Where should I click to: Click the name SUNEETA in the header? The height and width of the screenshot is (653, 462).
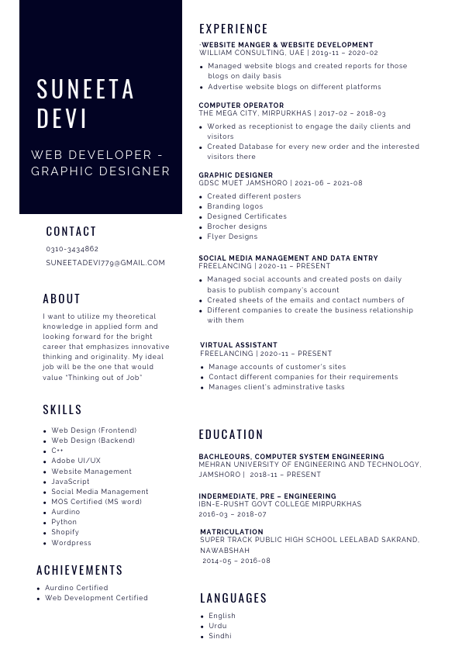(x=86, y=89)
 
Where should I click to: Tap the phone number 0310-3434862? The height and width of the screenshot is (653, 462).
(x=72, y=249)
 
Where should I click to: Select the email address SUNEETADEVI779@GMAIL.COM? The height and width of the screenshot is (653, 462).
(x=105, y=263)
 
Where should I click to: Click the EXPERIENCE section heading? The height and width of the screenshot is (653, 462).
(x=233, y=29)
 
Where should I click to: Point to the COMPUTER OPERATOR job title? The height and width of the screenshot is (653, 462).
(x=241, y=105)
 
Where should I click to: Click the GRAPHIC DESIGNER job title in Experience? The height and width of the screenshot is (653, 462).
(x=236, y=175)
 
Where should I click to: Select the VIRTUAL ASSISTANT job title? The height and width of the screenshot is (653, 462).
(x=239, y=345)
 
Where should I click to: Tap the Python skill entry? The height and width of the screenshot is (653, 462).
(x=65, y=523)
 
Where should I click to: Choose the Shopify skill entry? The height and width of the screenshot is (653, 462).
(x=65, y=533)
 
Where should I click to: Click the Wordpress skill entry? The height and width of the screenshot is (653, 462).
(x=71, y=543)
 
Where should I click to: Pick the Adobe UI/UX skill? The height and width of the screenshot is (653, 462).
(x=76, y=461)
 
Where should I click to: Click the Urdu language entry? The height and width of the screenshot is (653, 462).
(x=218, y=626)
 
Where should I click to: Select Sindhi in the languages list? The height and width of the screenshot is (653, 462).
(x=220, y=636)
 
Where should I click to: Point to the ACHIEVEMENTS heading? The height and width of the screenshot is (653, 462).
(x=80, y=570)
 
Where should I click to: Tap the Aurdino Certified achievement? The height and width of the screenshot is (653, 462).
(x=77, y=588)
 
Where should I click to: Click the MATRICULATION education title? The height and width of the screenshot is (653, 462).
(x=232, y=532)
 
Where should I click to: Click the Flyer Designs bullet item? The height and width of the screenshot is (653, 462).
(x=232, y=237)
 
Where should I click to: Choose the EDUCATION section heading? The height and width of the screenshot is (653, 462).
(x=231, y=434)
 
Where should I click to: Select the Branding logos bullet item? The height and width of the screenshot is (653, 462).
(x=235, y=206)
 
